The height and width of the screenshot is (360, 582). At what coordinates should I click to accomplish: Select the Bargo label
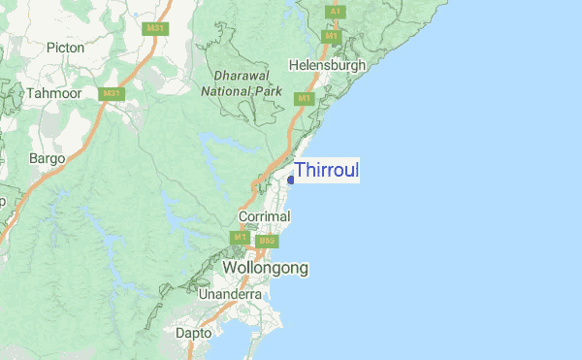pyautogui.click(x=47, y=157)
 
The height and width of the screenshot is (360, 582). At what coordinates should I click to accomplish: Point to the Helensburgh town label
pyautogui.click(x=327, y=65)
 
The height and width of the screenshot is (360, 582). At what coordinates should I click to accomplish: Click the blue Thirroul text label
pyautogui.click(x=327, y=171)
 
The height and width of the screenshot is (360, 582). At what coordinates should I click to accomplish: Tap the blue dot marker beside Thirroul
pyautogui.click(x=291, y=179)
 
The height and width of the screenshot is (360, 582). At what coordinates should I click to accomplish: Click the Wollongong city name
pyautogui.click(x=265, y=267)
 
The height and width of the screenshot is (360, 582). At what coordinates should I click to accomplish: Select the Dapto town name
pyautogui.click(x=194, y=333)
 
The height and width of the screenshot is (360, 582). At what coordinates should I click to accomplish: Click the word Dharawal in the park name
pyautogui.click(x=240, y=74)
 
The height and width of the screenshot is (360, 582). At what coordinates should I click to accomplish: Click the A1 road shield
pyautogui.click(x=334, y=11)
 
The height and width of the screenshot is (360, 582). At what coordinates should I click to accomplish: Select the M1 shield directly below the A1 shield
pyautogui.click(x=333, y=36)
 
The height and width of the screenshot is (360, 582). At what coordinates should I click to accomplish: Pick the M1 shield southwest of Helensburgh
pyautogui.click(x=305, y=99)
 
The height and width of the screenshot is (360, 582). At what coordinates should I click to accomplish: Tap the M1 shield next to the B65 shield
pyautogui.click(x=240, y=238)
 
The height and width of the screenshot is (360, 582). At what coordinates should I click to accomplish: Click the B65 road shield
pyautogui.click(x=268, y=240)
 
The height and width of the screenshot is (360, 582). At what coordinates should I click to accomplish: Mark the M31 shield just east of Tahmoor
pyautogui.click(x=113, y=94)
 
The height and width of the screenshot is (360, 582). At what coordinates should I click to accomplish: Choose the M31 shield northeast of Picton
pyautogui.click(x=154, y=28)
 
